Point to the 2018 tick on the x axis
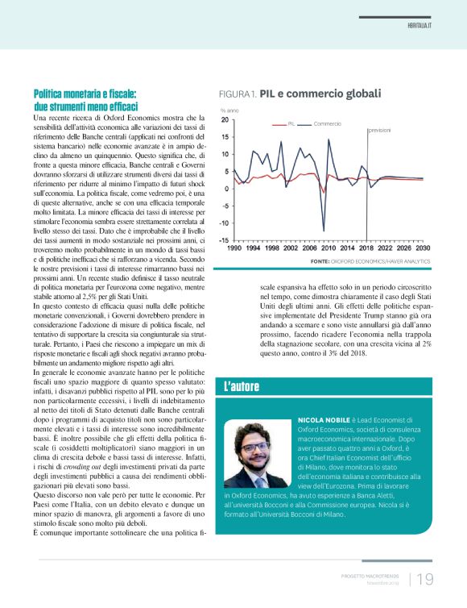[366, 248]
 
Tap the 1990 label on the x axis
[233, 248]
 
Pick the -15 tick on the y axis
[223, 239]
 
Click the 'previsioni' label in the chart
[384, 130]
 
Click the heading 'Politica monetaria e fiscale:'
[85, 94]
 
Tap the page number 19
[425, 579]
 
